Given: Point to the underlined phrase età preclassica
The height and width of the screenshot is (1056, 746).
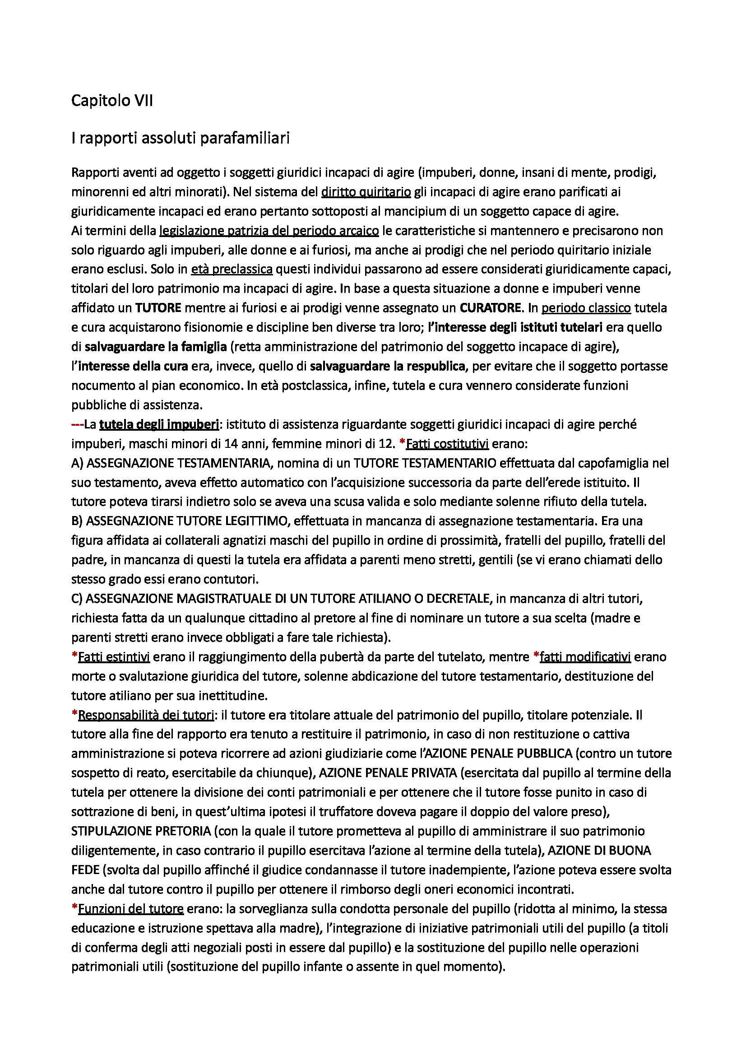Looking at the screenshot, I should [232, 269].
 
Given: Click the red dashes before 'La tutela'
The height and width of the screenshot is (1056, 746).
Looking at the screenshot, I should [77, 424].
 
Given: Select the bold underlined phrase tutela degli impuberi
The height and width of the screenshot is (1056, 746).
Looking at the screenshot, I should [158, 424].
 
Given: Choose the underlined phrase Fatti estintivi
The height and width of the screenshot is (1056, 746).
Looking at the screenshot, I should [114, 657].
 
